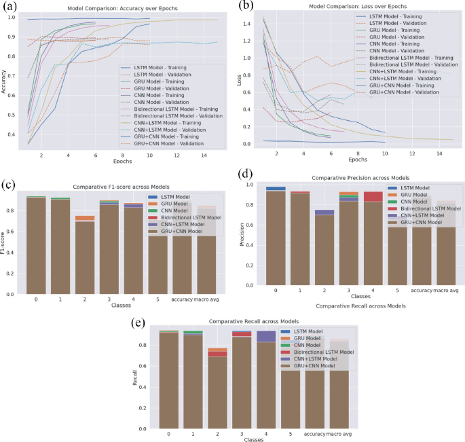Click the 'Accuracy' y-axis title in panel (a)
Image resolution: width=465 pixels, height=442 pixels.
[x=7, y=80]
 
